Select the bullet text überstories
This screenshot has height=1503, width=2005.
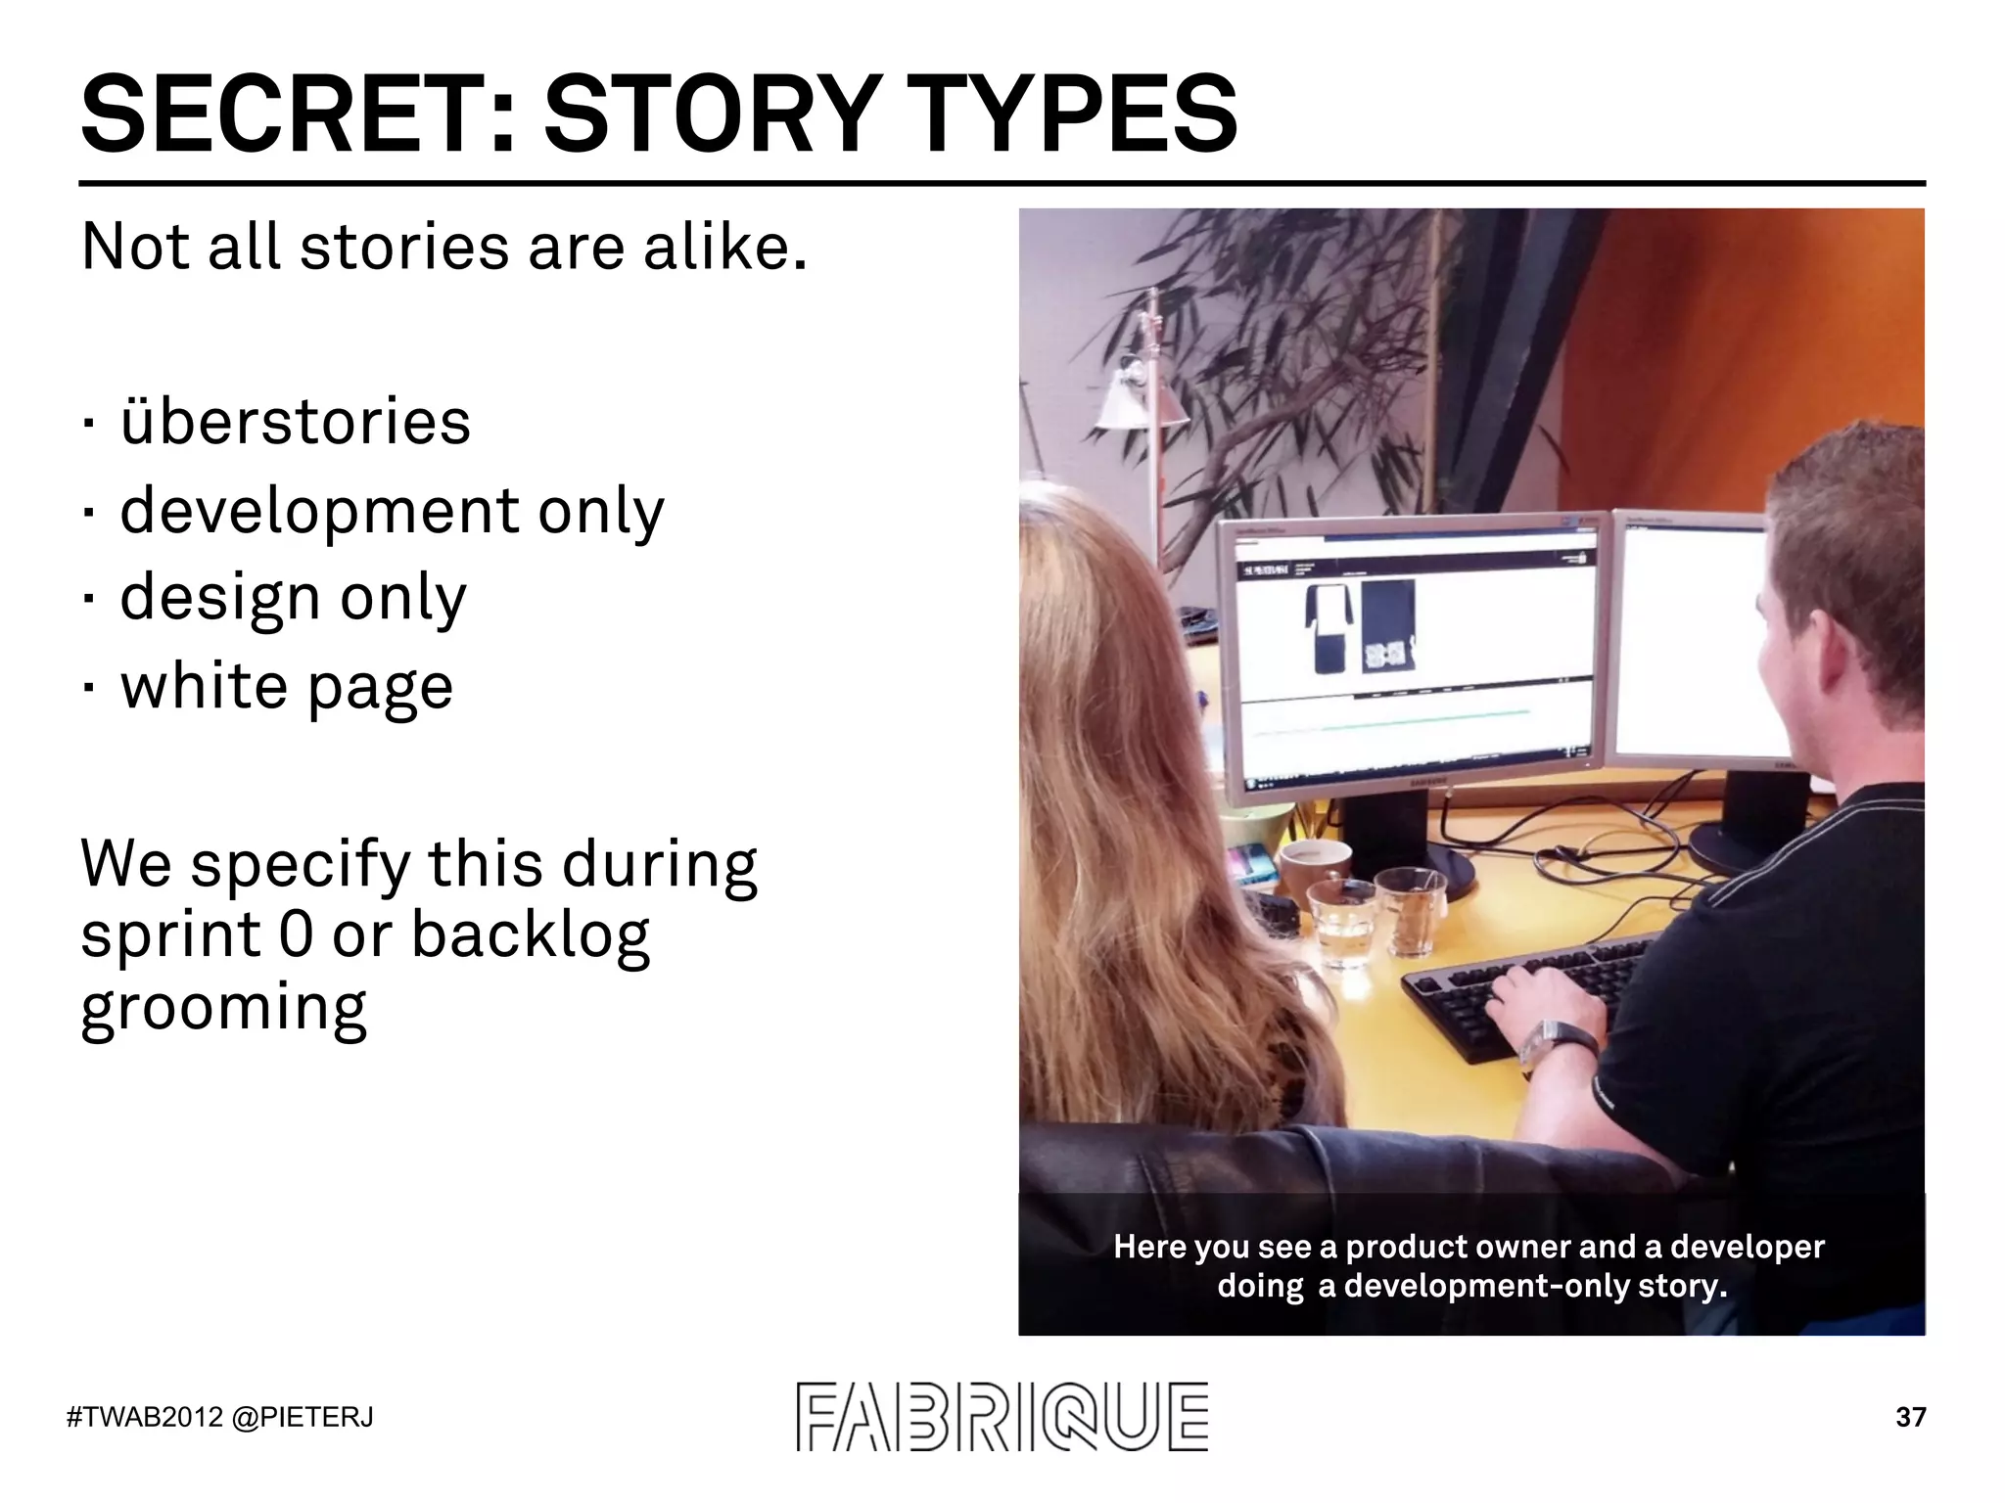(x=295, y=423)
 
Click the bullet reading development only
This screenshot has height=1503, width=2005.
(x=392, y=512)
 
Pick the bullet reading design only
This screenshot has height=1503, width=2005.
(x=293, y=599)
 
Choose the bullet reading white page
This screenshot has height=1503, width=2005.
(x=287, y=687)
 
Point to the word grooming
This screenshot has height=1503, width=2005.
(x=223, y=1008)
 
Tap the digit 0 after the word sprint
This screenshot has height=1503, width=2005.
(x=296, y=935)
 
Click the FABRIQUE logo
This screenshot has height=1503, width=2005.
(x=1002, y=1416)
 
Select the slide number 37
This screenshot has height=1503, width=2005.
(x=1910, y=1417)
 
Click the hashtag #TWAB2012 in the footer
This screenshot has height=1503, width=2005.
(x=145, y=1417)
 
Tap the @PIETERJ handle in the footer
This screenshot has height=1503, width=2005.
(x=303, y=1417)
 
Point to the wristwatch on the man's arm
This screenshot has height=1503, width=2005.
(x=1557, y=1042)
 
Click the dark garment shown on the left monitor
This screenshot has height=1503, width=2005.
(x=1328, y=627)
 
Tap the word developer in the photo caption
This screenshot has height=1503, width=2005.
(x=1747, y=1247)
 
